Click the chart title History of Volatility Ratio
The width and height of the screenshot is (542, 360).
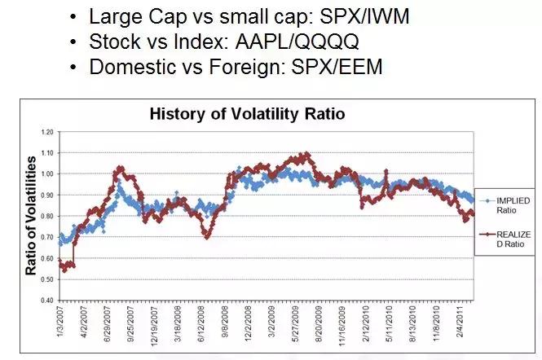coord(247,114)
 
